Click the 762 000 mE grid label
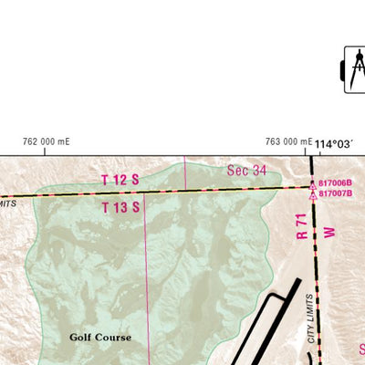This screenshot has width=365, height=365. click(47, 141)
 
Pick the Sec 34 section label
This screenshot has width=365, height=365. click(246, 171)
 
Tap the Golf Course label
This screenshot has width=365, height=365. click(100, 338)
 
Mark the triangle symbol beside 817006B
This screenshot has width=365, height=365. click(313, 183)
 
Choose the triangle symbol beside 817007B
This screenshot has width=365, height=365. click(313, 193)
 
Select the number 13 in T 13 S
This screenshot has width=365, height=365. click(120, 207)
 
